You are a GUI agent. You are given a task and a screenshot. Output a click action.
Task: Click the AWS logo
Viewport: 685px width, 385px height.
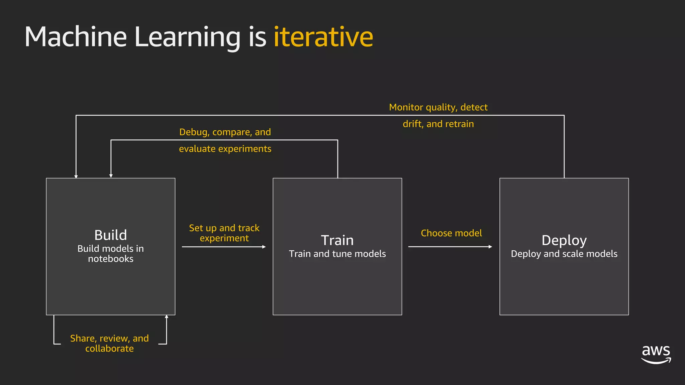click(x=656, y=354)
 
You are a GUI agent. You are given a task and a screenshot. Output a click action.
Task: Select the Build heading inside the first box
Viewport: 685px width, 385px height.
click(x=110, y=235)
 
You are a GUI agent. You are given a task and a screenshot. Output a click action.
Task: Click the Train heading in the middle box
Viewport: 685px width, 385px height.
click(x=337, y=240)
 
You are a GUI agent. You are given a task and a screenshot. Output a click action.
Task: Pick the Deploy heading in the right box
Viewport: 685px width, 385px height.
click(x=564, y=240)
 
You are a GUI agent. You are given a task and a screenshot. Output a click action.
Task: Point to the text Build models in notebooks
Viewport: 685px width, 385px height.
click(x=110, y=254)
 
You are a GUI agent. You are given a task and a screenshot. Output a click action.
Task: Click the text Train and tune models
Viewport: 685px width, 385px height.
click(x=337, y=254)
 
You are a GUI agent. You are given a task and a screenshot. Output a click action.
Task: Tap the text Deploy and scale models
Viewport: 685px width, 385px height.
click(x=564, y=254)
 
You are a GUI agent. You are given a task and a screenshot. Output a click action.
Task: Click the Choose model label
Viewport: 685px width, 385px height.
click(x=451, y=233)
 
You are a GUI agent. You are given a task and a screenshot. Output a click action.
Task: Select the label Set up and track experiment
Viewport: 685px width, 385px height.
click(x=224, y=233)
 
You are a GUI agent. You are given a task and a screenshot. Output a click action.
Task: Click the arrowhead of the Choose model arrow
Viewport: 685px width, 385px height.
click(x=490, y=247)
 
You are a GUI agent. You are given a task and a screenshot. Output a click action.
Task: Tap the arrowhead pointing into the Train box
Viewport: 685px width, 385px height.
click(x=264, y=247)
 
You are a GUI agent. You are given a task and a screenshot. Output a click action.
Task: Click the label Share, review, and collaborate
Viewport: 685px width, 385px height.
click(x=109, y=343)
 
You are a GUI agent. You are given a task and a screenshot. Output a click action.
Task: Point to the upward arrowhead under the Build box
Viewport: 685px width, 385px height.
click(x=167, y=316)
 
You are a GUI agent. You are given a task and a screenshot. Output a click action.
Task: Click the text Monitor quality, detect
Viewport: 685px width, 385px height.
click(x=438, y=107)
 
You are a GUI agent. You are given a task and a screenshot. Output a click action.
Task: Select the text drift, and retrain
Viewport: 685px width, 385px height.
click(x=438, y=124)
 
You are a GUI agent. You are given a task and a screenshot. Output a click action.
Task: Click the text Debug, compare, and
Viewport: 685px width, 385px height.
click(x=225, y=132)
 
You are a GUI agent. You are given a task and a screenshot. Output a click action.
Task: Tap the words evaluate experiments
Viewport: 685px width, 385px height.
click(x=225, y=149)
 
